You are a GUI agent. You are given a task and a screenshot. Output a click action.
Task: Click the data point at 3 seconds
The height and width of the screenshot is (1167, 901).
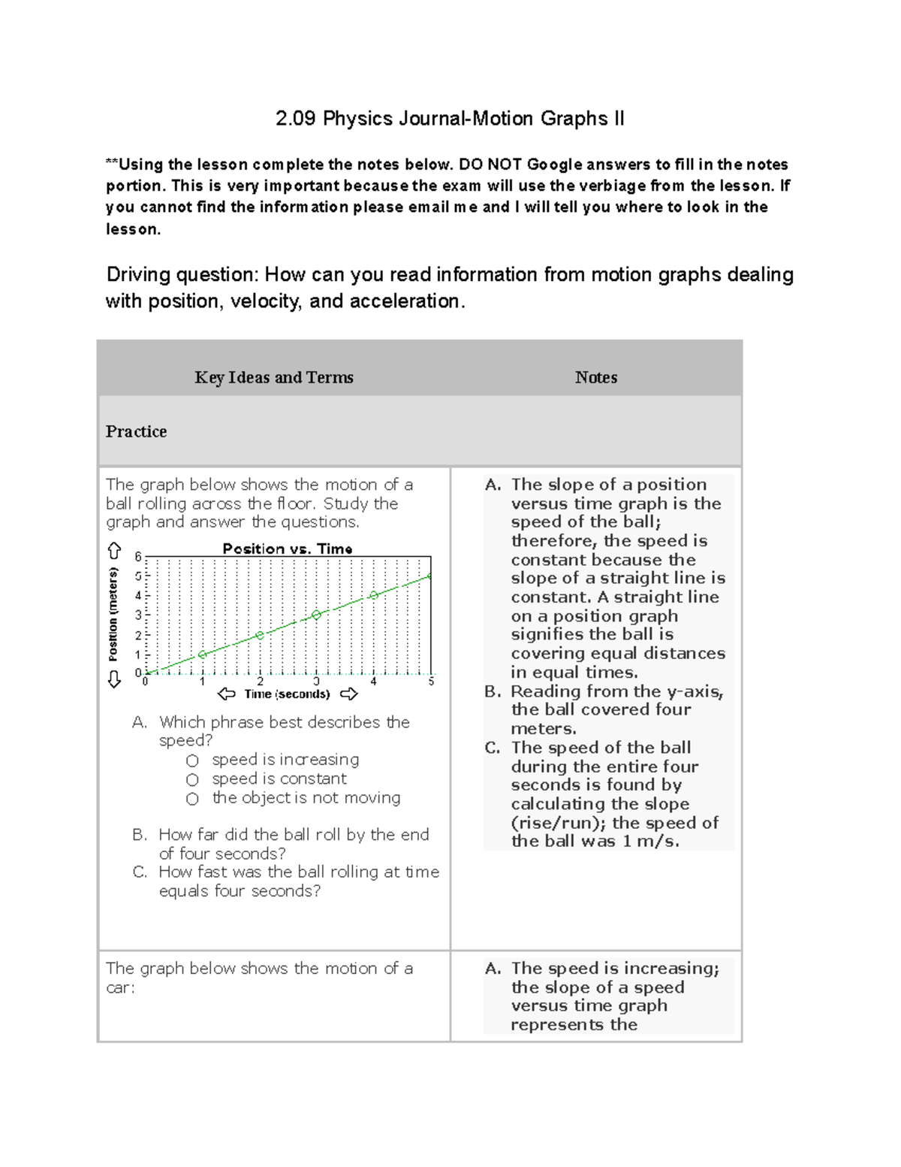pos(317,615)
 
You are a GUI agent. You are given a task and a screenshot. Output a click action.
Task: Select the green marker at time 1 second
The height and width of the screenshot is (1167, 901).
pos(202,655)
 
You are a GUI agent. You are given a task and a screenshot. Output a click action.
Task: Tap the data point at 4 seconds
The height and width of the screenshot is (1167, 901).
pos(374,595)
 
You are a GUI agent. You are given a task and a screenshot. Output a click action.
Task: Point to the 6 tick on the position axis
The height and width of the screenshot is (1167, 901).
pos(138,557)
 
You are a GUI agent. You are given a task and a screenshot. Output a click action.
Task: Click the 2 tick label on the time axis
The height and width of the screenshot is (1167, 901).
pos(260,682)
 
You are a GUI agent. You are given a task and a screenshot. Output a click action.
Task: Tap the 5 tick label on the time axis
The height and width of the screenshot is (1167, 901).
pos(431,682)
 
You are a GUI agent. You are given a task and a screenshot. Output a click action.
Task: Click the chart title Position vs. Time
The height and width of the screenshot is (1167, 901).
pos(288,549)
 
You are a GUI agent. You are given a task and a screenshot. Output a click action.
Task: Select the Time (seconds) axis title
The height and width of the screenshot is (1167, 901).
pos(287,694)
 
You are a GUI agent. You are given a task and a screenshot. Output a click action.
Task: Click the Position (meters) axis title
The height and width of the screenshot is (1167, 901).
pos(113,615)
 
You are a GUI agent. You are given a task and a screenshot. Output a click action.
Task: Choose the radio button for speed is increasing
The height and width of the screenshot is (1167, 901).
pos(193,760)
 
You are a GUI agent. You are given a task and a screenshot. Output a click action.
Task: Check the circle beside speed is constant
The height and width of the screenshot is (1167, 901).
pos(193,780)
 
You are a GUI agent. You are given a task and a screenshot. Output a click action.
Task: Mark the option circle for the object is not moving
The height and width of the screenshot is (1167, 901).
pos(193,799)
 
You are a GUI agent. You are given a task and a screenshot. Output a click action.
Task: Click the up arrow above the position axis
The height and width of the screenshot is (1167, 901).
pos(114,551)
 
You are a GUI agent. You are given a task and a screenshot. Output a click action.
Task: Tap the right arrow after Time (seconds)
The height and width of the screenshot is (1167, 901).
pos(349,694)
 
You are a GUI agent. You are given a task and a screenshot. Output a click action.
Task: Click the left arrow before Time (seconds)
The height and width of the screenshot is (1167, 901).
pos(226,694)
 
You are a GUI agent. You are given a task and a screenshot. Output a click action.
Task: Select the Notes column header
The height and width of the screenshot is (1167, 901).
pos(596,377)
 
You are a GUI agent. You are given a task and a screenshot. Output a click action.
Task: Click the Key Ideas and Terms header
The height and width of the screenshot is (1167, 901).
pos(274,377)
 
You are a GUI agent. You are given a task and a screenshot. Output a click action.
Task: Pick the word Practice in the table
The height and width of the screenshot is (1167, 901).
pos(137,431)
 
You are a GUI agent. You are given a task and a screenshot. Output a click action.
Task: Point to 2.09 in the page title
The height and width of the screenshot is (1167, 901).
pos(296,119)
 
